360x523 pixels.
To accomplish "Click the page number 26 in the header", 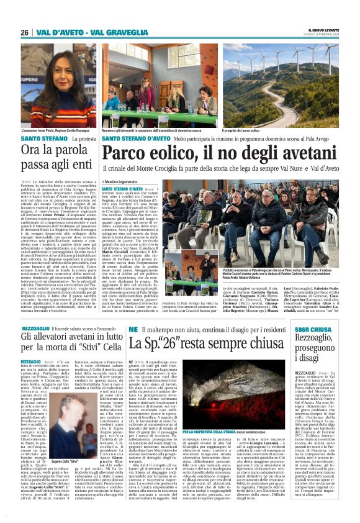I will point(25,32).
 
